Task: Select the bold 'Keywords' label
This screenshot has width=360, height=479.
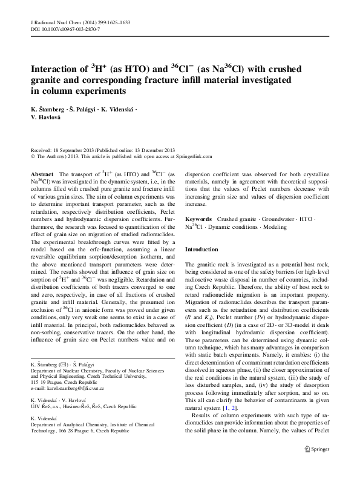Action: point(198,218)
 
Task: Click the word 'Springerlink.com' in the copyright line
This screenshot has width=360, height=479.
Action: point(194,156)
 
